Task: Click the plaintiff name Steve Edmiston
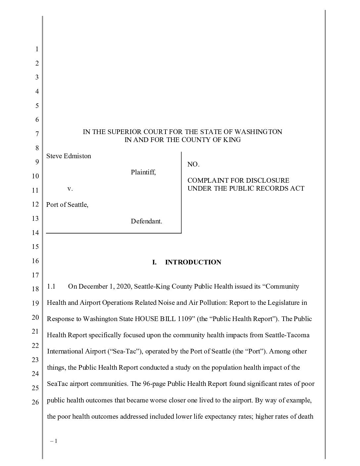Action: pos(68,156)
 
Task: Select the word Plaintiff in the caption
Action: pos(143,172)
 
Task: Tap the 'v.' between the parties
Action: pos(70,188)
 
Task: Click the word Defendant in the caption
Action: pos(146,221)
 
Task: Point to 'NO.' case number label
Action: pos(193,164)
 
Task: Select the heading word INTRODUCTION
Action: pos(193,262)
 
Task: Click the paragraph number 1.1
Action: pos(51,286)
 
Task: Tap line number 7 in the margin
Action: pos(37,134)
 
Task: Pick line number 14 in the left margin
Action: pos(35,233)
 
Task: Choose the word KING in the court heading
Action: pos(232,140)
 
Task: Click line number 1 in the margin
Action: pos(37,49)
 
